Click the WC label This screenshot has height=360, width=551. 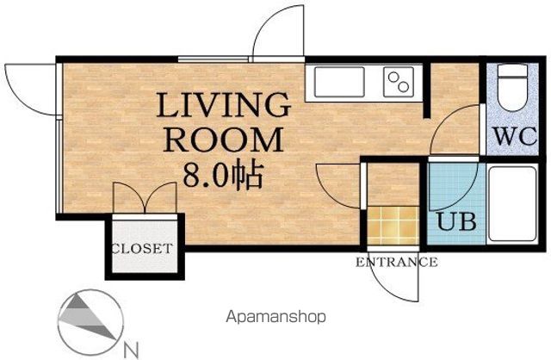[515, 136]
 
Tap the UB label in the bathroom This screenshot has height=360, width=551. [456, 221]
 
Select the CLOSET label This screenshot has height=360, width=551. [142, 249]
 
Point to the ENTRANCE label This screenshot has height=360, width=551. [396, 262]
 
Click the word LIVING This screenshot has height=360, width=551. [224, 104]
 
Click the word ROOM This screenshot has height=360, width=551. [224, 140]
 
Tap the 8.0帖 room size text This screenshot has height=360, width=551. [223, 174]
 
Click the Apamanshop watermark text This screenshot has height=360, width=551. [275, 317]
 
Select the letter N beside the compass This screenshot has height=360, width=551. [131, 350]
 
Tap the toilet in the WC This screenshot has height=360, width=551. [513, 87]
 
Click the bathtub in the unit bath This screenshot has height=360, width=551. [513, 204]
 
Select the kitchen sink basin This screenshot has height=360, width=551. [339, 82]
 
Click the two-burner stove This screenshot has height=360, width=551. [399, 82]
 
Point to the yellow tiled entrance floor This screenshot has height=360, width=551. [393, 226]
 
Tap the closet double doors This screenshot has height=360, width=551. [145, 197]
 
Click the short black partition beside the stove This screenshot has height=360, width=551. [426, 90]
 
